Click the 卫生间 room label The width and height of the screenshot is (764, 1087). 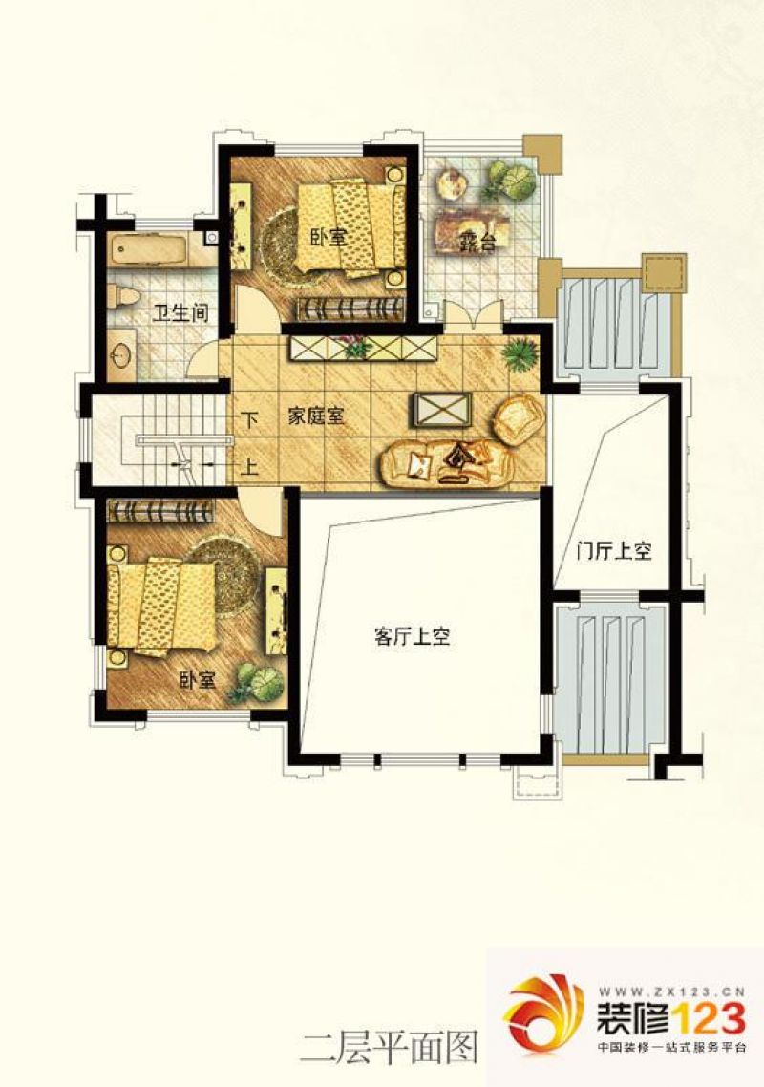coord(180,313)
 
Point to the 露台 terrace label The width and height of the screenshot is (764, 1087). coord(478,243)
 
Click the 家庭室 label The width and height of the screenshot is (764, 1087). coord(316,416)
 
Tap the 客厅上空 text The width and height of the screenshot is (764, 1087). coord(413,636)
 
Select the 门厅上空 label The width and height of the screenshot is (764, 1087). coord(614,552)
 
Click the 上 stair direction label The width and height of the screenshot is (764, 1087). coord(249,466)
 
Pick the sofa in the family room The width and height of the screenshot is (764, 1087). coord(445,462)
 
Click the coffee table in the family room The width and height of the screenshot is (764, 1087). coord(441,410)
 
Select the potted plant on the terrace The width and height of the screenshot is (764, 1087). coord(512,181)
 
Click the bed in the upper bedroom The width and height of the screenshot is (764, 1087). coord(352,226)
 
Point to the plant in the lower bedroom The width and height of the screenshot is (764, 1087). coord(257,683)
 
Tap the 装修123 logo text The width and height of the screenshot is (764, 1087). coord(671,1017)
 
